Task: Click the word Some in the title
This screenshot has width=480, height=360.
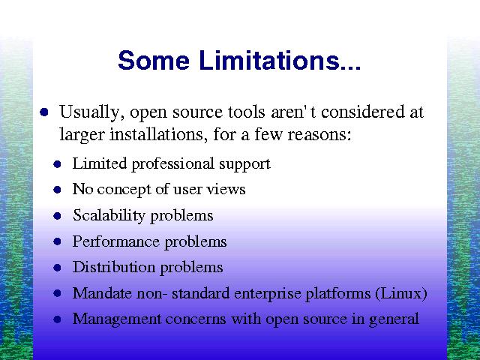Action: (x=154, y=60)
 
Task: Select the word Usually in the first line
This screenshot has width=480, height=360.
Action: (x=91, y=112)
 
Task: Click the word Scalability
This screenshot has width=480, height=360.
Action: (x=109, y=215)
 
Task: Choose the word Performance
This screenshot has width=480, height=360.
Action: (x=116, y=241)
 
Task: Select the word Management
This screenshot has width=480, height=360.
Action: (x=117, y=319)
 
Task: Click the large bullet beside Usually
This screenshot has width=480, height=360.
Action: (x=44, y=112)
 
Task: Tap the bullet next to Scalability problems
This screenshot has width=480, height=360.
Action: (x=57, y=216)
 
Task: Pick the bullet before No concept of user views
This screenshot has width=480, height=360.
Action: (x=57, y=190)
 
